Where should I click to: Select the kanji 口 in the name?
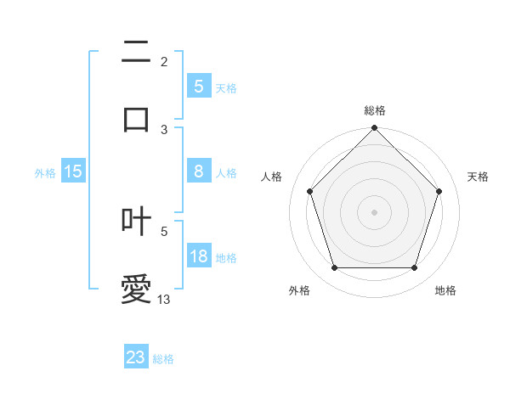pos(136,118)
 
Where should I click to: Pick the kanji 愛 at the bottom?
pos(136,289)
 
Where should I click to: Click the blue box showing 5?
pos(198,86)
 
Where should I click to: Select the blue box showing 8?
pos(198,171)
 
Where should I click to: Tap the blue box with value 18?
pos(198,257)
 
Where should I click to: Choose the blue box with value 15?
pos(73,171)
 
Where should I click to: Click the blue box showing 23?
pos(136,357)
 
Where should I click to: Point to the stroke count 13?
pos(164,300)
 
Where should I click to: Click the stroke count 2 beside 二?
pos(164,61)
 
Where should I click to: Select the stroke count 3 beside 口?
pos(164,129)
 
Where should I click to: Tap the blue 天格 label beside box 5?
pos(226,87)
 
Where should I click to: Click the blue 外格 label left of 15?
pos(45,172)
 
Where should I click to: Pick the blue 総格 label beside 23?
pos(164,359)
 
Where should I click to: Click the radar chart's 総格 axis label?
pos(375,111)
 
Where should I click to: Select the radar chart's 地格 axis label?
pos(445,291)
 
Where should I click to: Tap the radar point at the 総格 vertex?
pos(375,129)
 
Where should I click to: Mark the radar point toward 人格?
pos(309,191)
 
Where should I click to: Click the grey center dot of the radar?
pos(375,212)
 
